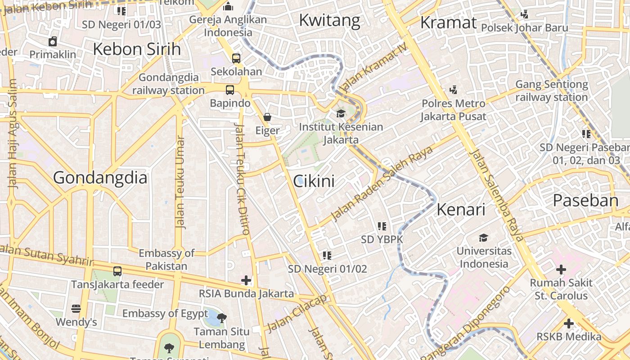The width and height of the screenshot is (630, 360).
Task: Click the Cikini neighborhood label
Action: (x=314, y=181)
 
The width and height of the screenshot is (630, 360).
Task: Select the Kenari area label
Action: (x=461, y=210)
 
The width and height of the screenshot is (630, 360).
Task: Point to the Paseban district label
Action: (x=585, y=200)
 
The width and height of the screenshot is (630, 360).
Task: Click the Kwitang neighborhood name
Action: (x=329, y=20)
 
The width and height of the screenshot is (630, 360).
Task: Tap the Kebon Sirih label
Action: (x=137, y=49)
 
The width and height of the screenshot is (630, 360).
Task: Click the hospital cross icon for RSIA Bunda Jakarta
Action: (x=246, y=280)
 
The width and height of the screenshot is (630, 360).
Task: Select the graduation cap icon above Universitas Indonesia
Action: (x=483, y=238)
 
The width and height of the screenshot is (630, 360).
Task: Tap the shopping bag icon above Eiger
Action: (x=267, y=117)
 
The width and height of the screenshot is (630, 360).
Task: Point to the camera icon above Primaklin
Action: (x=53, y=42)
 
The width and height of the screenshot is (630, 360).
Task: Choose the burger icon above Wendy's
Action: (x=76, y=309)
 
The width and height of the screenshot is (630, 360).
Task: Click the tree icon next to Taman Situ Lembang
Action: (x=221, y=318)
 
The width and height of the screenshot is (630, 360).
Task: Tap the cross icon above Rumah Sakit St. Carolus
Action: (x=561, y=270)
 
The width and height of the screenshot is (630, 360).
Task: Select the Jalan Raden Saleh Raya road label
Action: (x=382, y=184)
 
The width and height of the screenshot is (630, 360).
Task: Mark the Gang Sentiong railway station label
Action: (x=552, y=90)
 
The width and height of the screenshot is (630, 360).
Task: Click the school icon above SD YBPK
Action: (x=382, y=226)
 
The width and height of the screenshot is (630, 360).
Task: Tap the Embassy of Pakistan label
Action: (x=166, y=259)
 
